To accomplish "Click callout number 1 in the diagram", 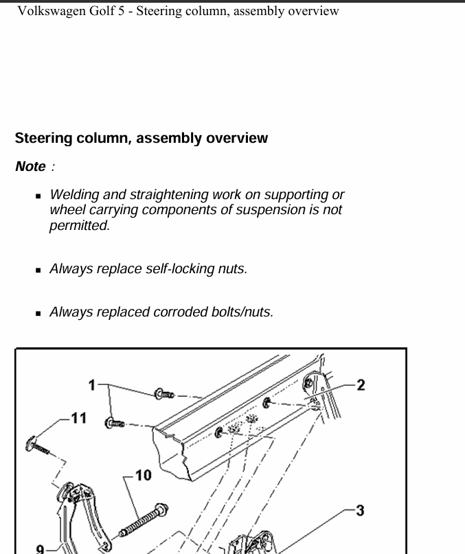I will pos(92,385).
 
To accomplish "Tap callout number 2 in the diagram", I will pos(361,384).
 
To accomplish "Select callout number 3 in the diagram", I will pos(360,510).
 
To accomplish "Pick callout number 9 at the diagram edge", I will pos(41,549).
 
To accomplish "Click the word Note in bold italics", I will pos(30,166).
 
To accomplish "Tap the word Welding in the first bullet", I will pos(73,195).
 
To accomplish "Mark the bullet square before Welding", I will pos(39,196).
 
